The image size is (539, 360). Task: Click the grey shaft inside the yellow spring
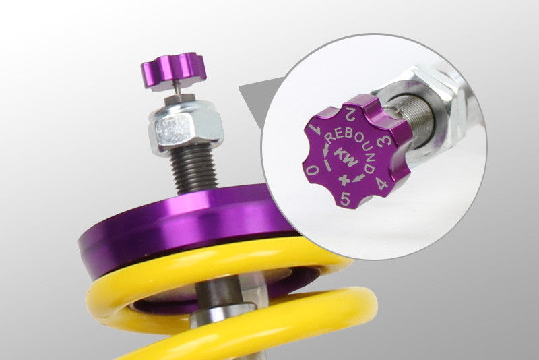(x=216, y=297)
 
